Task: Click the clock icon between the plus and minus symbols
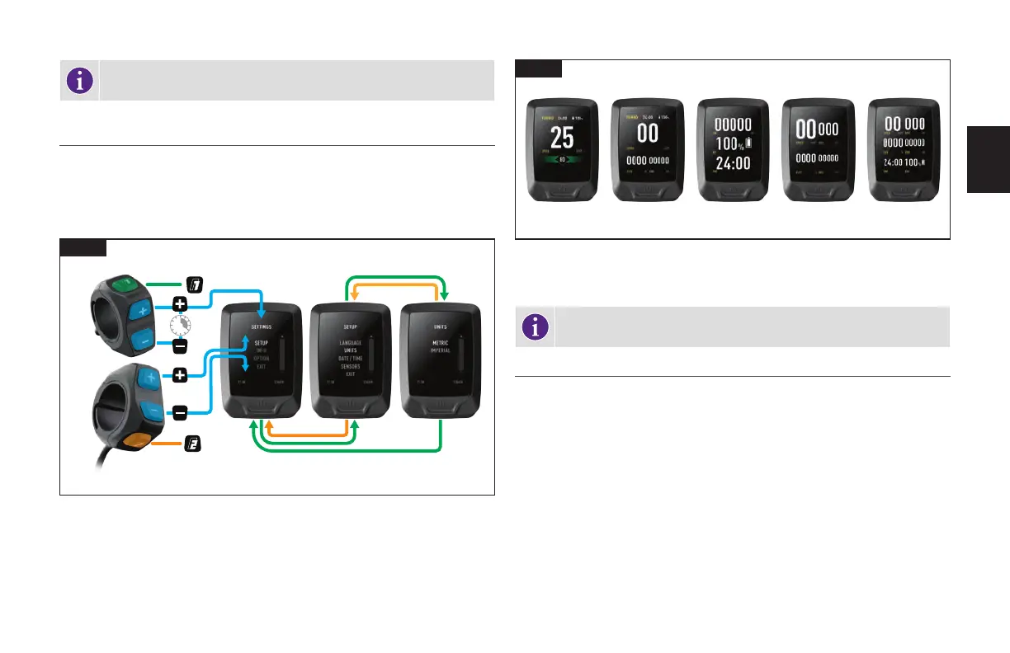point(180,325)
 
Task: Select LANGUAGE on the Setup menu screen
point(350,342)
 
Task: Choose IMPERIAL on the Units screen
point(439,350)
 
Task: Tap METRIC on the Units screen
point(439,342)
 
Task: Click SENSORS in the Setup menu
point(350,366)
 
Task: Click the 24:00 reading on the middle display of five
point(732,163)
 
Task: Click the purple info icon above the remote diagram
point(79,80)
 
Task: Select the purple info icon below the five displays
point(538,327)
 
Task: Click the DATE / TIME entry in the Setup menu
point(350,358)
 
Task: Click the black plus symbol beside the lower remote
point(180,376)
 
